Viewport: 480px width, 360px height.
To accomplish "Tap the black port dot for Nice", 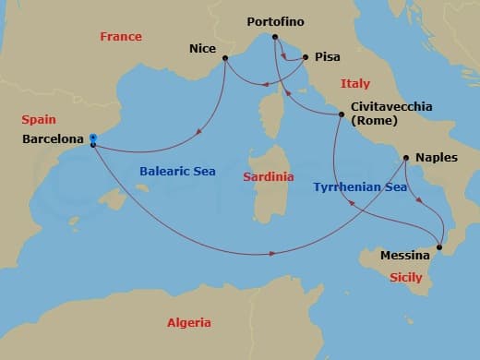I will click(225, 58).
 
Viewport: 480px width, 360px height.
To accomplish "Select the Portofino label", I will click(276, 20).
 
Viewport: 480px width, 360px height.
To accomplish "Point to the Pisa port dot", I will click(306, 56).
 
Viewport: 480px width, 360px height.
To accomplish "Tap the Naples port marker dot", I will click(407, 158).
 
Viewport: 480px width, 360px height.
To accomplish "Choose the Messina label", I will click(405, 254).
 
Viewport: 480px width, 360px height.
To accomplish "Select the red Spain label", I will click(38, 120).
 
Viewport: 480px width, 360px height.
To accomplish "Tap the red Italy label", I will click(355, 83).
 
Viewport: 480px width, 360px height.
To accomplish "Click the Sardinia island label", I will click(269, 176).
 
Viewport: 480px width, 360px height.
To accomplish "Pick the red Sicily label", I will click(406, 277).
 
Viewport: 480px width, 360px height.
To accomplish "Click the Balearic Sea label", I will click(176, 171).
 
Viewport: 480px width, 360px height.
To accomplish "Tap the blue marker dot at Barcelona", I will click(93, 138).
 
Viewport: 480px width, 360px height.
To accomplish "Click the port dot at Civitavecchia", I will click(342, 114).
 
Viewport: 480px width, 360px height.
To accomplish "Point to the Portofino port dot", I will click(274, 37).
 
